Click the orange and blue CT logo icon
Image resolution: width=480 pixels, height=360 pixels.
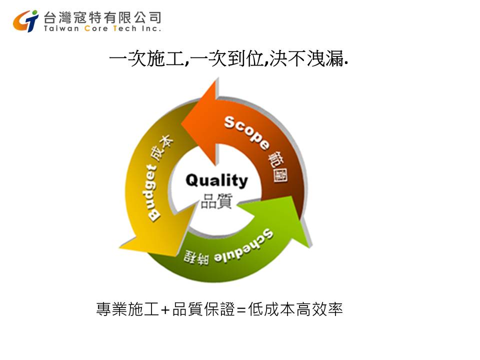pyautogui.click(x=25, y=21)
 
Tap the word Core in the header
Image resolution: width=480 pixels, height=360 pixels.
pyautogui.click(x=96, y=28)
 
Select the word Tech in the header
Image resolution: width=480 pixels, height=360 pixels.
pyautogui.click(x=124, y=28)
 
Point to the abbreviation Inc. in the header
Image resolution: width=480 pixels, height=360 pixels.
pyautogui.click(x=151, y=28)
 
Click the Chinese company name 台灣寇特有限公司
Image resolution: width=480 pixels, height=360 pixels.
pyautogui.click(x=102, y=17)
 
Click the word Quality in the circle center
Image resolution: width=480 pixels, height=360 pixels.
pyautogui.click(x=216, y=180)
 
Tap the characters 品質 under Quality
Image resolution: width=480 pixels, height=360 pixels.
pyautogui.click(x=216, y=201)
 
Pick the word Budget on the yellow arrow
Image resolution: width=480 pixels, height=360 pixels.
pyautogui.click(x=152, y=192)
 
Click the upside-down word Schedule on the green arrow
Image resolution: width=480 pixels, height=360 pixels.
pyautogui.click(x=243, y=246)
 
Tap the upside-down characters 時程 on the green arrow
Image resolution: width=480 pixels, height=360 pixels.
pyautogui.click(x=196, y=256)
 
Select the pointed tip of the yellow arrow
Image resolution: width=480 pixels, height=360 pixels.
pyautogui.click(x=119, y=247)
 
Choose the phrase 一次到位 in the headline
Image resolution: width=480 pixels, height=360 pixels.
pyautogui.click(x=228, y=58)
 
